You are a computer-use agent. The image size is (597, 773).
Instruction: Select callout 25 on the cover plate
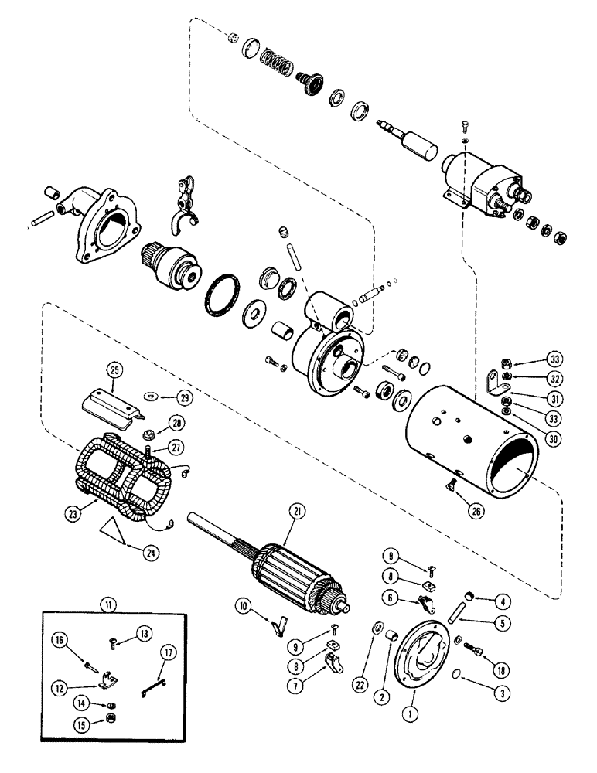[x=114, y=369]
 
